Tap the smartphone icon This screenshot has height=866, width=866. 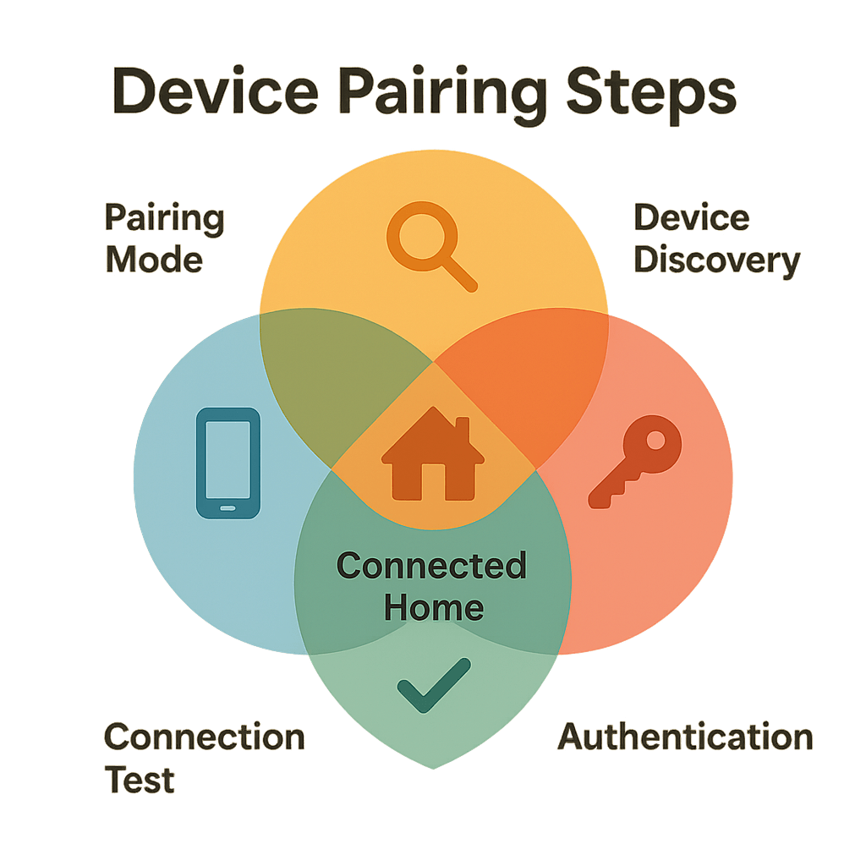coord(228,463)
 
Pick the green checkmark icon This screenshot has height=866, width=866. coord(433,685)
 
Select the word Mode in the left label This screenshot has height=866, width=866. coord(154,260)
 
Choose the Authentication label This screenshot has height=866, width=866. coord(685,737)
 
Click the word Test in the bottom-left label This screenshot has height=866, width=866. coord(140,778)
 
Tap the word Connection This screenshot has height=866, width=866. coord(204,737)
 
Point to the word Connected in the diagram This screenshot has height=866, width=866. coord(431,566)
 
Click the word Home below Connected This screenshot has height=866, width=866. coord(434,607)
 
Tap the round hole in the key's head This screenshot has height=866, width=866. coord(653,441)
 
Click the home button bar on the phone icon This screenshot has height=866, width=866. coord(228,508)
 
